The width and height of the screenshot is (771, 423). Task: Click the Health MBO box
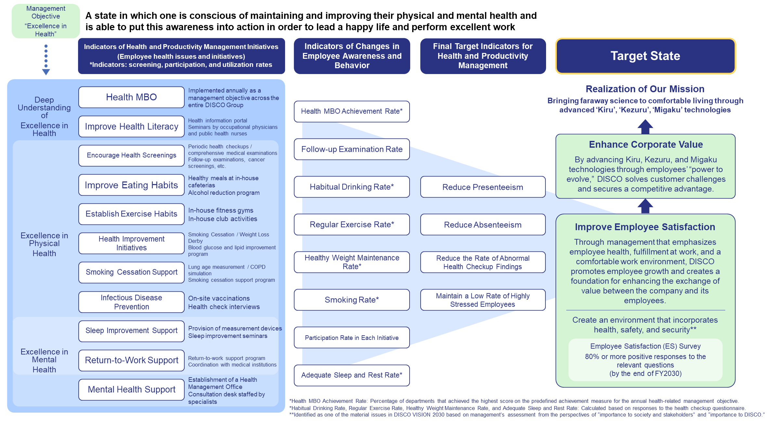click(131, 97)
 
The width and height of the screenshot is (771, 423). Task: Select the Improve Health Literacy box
click(131, 126)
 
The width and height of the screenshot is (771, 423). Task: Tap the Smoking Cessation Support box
click(131, 272)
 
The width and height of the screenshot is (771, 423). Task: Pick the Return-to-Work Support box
click(131, 360)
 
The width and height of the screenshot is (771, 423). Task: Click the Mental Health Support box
click(131, 390)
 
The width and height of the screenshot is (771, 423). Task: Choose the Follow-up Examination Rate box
click(352, 149)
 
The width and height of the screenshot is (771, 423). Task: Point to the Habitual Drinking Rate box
click(352, 187)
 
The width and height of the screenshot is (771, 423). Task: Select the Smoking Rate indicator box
click(352, 300)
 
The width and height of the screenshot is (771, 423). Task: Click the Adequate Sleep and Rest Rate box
click(352, 375)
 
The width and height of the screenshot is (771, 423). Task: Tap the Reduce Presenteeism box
click(483, 187)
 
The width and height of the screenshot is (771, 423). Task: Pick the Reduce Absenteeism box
click(483, 224)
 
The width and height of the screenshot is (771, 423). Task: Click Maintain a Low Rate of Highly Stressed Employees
click(483, 300)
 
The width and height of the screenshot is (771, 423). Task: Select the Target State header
click(645, 56)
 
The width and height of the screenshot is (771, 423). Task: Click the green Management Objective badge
click(46, 21)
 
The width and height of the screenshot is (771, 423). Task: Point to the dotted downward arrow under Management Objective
click(46, 60)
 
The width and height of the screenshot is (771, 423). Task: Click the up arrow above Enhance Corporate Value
click(645, 127)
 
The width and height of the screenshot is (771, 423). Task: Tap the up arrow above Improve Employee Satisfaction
click(645, 206)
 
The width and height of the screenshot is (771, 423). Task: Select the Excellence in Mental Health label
click(44, 361)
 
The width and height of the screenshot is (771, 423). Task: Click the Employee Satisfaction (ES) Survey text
click(645, 346)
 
